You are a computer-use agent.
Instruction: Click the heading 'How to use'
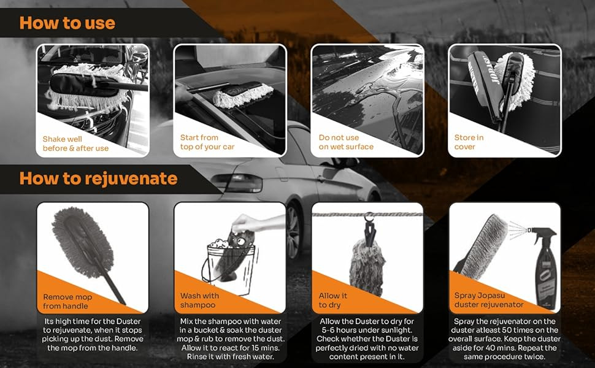coord(67,23)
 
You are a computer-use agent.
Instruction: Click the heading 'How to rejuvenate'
coord(98,179)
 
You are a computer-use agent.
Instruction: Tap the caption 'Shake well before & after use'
coord(75,144)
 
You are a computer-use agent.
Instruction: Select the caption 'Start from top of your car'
coord(207,142)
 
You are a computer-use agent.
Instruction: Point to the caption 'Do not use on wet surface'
coord(346,142)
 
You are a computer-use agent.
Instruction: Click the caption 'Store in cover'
coord(469,142)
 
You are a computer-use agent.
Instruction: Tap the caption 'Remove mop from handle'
coord(67,302)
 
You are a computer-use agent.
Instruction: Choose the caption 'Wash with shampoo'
coord(199,300)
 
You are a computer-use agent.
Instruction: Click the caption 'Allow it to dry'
coord(332,300)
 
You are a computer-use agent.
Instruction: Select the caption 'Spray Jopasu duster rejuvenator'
coord(489,300)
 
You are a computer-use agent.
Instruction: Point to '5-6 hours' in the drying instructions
coord(338,330)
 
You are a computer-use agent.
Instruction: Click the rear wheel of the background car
coord(293,232)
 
